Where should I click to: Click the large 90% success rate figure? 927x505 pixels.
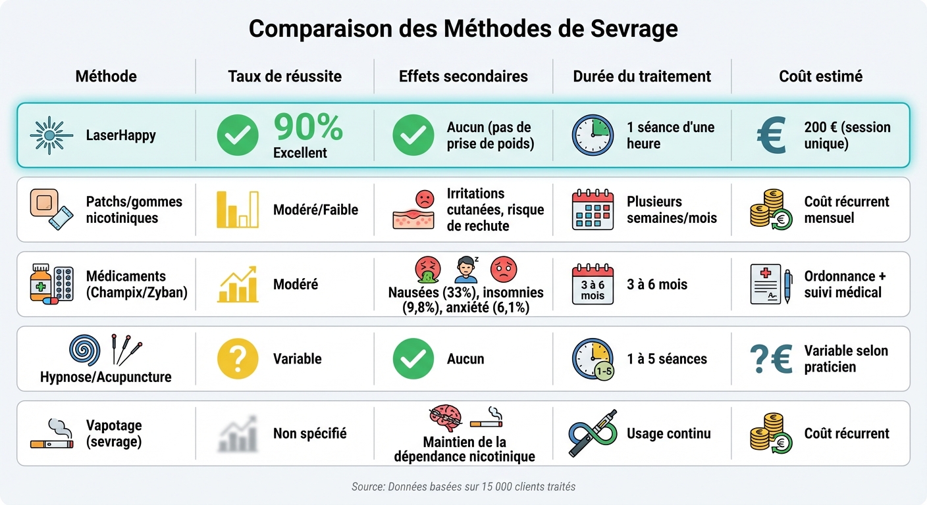tap(308, 127)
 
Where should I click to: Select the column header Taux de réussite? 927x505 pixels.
tap(284, 76)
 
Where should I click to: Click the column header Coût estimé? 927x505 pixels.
tap(820, 76)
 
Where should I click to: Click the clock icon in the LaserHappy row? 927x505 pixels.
tap(593, 135)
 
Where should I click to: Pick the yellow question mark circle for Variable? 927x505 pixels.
tap(238, 359)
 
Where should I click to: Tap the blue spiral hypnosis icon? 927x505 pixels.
tap(85, 350)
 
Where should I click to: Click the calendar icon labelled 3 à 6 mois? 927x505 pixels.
tap(593, 284)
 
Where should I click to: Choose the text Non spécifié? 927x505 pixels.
tap(309, 434)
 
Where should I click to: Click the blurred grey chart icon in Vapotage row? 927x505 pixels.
tap(238, 434)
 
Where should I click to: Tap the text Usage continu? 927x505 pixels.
tap(668, 434)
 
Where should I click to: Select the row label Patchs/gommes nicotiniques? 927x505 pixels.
tap(134, 210)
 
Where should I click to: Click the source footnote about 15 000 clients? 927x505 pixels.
tap(463, 487)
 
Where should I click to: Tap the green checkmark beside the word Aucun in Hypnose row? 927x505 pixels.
tap(413, 359)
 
